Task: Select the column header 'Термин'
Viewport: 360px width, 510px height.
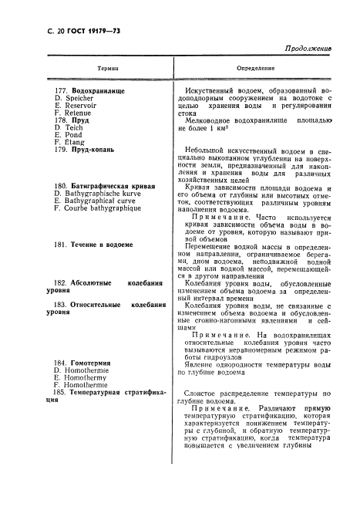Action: (108, 69)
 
